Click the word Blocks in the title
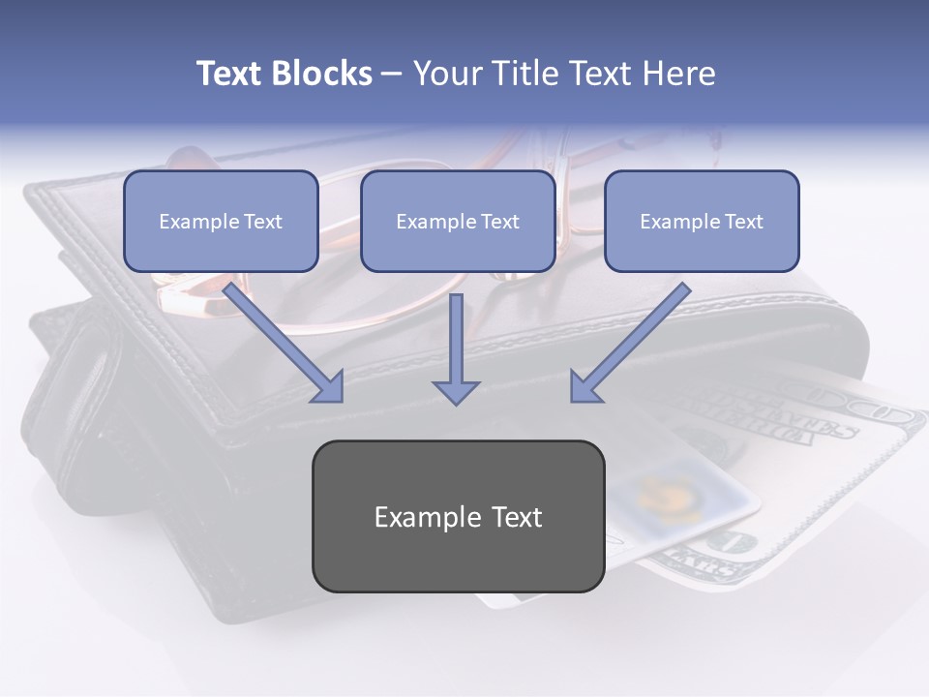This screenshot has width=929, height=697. click(x=322, y=74)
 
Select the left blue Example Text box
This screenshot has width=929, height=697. click(x=221, y=221)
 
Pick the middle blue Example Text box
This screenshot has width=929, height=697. click(x=458, y=221)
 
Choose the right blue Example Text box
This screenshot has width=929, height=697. click(x=702, y=221)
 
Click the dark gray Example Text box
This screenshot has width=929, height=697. click(x=458, y=516)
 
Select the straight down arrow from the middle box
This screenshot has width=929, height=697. click(x=456, y=344)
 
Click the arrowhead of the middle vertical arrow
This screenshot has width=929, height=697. click(x=456, y=390)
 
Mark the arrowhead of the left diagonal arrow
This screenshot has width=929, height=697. click(x=329, y=387)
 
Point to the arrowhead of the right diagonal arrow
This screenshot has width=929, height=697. click(x=584, y=387)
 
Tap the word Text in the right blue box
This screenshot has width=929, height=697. click(x=743, y=221)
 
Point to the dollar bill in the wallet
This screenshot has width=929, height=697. click(x=823, y=436)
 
